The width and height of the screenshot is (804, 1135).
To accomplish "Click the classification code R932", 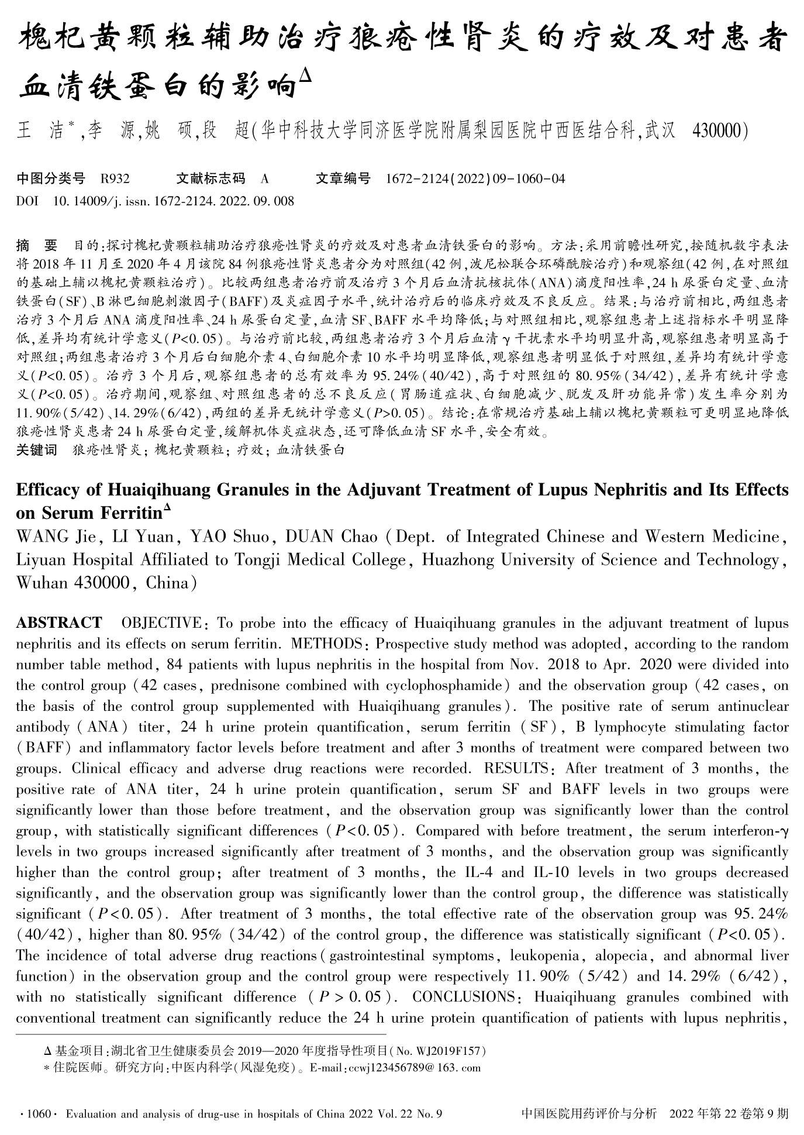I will click(x=115, y=178).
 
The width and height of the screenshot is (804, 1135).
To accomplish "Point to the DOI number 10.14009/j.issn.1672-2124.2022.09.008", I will click(x=173, y=201).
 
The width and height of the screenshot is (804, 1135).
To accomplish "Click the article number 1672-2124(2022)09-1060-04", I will click(x=475, y=178).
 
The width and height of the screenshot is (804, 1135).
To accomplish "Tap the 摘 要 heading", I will click(x=37, y=245).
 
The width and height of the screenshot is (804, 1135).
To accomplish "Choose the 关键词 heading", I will click(x=36, y=450).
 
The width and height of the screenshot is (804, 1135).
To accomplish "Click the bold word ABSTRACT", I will click(x=59, y=622).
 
